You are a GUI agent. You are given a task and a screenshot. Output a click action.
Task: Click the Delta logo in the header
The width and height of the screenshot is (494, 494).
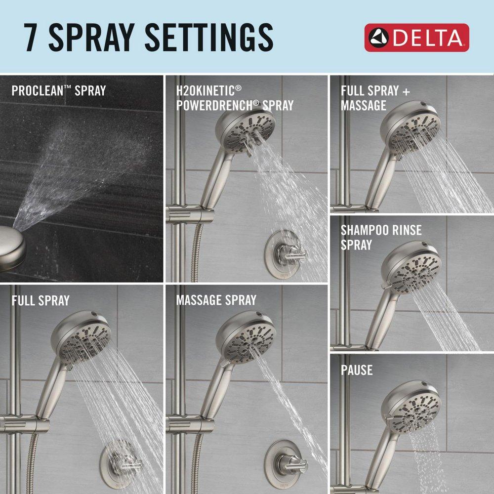point(416,38)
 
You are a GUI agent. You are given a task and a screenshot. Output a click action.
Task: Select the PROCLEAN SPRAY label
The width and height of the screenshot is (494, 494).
point(58,91)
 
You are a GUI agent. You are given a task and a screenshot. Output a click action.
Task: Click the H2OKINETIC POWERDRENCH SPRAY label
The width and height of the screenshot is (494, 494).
point(235,98)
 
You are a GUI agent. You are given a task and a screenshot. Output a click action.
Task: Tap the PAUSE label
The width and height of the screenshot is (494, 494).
point(356,370)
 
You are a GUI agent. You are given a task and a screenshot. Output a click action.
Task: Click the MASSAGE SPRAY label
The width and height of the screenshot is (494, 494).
point(216,300)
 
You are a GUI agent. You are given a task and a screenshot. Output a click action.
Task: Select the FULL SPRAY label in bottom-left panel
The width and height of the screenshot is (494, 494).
point(41,300)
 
